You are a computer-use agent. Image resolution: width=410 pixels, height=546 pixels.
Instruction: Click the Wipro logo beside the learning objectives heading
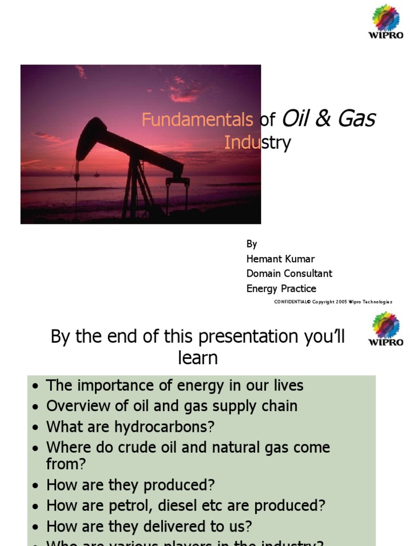[x=385, y=329]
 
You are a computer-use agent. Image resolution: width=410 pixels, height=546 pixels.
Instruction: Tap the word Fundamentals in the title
[x=198, y=120]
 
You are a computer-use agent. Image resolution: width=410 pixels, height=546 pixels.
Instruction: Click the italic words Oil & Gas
[x=328, y=118]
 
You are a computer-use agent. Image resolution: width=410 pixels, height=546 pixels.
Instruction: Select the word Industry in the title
[x=257, y=143]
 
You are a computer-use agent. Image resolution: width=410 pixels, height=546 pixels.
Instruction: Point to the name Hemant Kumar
[x=280, y=259]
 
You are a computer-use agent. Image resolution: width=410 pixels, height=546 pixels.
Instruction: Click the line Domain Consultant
[x=289, y=274]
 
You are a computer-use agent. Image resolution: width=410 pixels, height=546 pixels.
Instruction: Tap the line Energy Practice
[x=281, y=288]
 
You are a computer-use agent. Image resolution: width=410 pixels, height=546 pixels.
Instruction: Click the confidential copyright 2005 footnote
[x=333, y=302]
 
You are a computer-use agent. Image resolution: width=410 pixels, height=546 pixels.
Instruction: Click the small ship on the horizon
[x=97, y=173]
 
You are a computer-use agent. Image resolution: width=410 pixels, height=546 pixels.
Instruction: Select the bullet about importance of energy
[x=175, y=386]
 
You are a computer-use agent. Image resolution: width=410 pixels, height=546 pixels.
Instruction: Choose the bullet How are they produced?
[x=130, y=485]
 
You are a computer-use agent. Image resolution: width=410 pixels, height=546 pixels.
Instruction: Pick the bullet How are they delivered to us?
[x=149, y=526]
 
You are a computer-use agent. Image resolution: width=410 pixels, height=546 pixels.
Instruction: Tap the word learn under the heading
[x=198, y=358]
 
